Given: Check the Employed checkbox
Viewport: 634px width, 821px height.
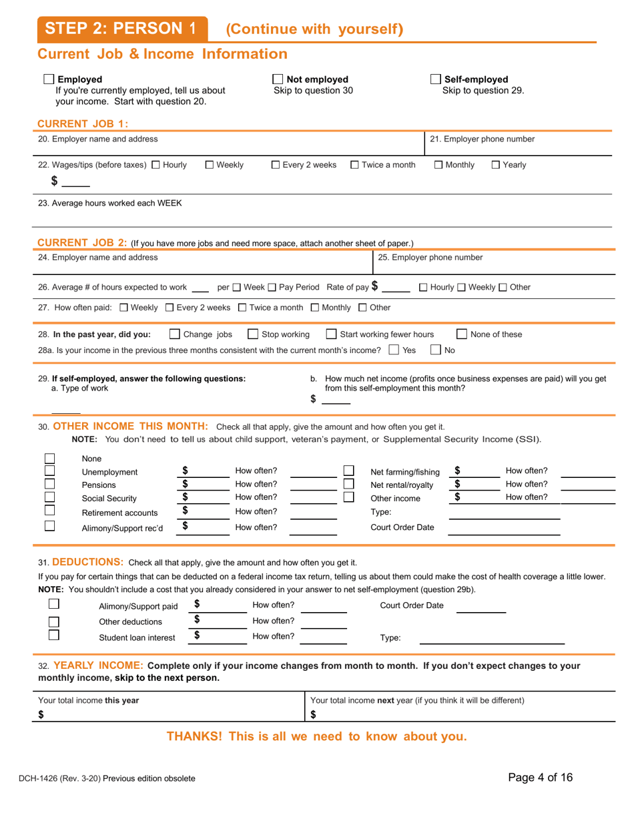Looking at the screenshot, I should click(x=49, y=79).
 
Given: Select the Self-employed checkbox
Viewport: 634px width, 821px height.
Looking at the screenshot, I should click(x=436, y=79).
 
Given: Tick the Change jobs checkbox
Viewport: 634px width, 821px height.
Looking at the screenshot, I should click(x=175, y=334).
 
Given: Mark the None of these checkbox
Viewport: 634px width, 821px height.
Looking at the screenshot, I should click(x=462, y=334).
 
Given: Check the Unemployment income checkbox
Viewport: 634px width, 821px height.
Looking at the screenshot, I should click(x=49, y=471).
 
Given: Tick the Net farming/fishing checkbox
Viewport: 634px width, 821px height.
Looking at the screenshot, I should click(x=348, y=471).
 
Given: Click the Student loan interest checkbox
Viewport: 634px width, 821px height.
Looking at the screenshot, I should click(x=54, y=635).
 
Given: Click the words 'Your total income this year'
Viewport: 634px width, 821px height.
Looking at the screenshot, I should click(x=89, y=700).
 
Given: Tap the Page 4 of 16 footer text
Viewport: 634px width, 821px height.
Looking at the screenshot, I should click(x=540, y=777).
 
